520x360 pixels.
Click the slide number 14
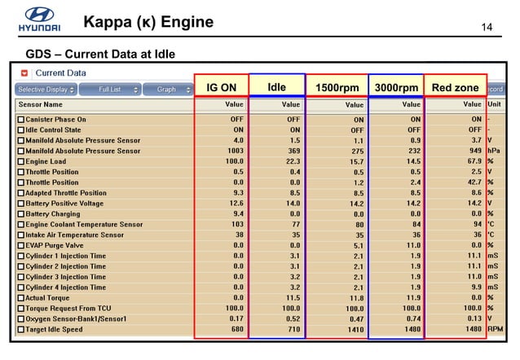pyautogui.click(x=488, y=29)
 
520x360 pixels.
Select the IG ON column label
pyautogui.click(x=221, y=87)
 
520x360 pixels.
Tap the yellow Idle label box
pyautogui.click(x=276, y=86)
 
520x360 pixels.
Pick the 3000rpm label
pyautogui.click(x=395, y=88)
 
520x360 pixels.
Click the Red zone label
pyautogui.click(x=455, y=87)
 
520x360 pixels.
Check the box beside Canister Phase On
pyautogui.click(x=21, y=119)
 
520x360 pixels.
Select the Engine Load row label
pyautogui.click(x=50, y=161)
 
